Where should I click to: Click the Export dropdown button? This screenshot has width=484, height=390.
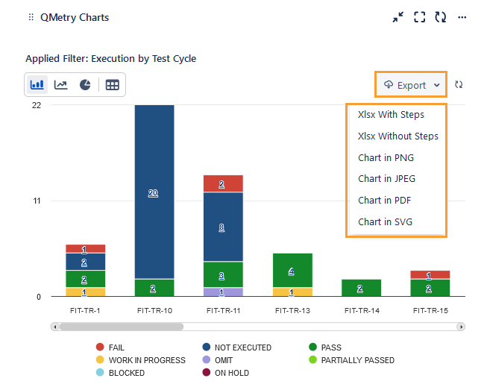pyautogui.click(x=411, y=85)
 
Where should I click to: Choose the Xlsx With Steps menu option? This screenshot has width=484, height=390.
pyautogui.click(x=391, y=115)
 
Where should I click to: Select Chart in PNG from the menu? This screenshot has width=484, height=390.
pyautogui.click(x=386, y=157)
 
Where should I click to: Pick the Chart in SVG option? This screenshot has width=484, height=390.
pyautogui.click(x=385, y=221)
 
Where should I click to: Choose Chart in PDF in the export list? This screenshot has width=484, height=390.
pyautogui.click(x=384, y=200)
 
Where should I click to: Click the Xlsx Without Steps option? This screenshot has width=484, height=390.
pyautogui.click(x=397, y=136)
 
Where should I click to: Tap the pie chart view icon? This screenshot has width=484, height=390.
pyautogui.click(x=85, y=85)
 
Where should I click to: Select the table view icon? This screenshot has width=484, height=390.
pyautogui.click(x=112, y=85)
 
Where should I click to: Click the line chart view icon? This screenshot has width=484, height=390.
pyautogui.click(x=61, y=85)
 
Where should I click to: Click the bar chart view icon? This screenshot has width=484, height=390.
pyautogui.click(x=37, y=85)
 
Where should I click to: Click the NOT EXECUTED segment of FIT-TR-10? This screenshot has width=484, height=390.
pyautogui.click(x=154, y=192)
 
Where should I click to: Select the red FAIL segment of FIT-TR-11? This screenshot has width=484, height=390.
pyautogui.click(x=223, y=183)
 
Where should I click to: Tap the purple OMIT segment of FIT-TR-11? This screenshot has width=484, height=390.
pyautogui.click(x=223, y=292)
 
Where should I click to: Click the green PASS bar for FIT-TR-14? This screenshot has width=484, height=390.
pyautogui.click(x=361, y=288)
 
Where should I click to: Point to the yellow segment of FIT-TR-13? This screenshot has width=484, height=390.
pyautogui.click(x=292, y=292)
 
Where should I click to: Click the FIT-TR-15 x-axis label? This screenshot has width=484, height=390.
pyautogui.click(x=430, y=309)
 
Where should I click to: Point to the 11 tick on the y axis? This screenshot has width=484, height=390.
pyautogui.click(x=37, y=201)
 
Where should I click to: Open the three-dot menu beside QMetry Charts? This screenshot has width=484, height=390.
pyautogui.click(x=462, y=17)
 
